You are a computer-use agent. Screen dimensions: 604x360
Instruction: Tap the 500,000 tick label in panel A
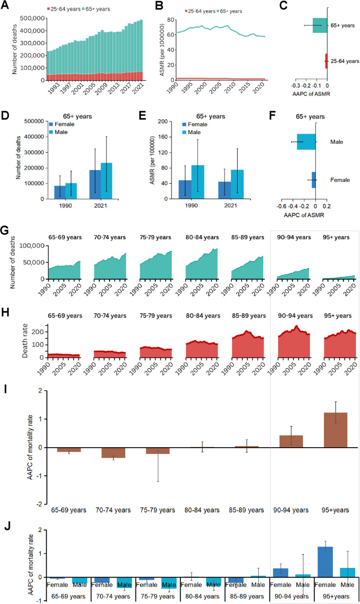[x=31, y=19]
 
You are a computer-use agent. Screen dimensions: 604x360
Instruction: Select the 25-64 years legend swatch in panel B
[x=188, y=11]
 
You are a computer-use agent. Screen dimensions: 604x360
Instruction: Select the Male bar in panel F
[x=306, y=142]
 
